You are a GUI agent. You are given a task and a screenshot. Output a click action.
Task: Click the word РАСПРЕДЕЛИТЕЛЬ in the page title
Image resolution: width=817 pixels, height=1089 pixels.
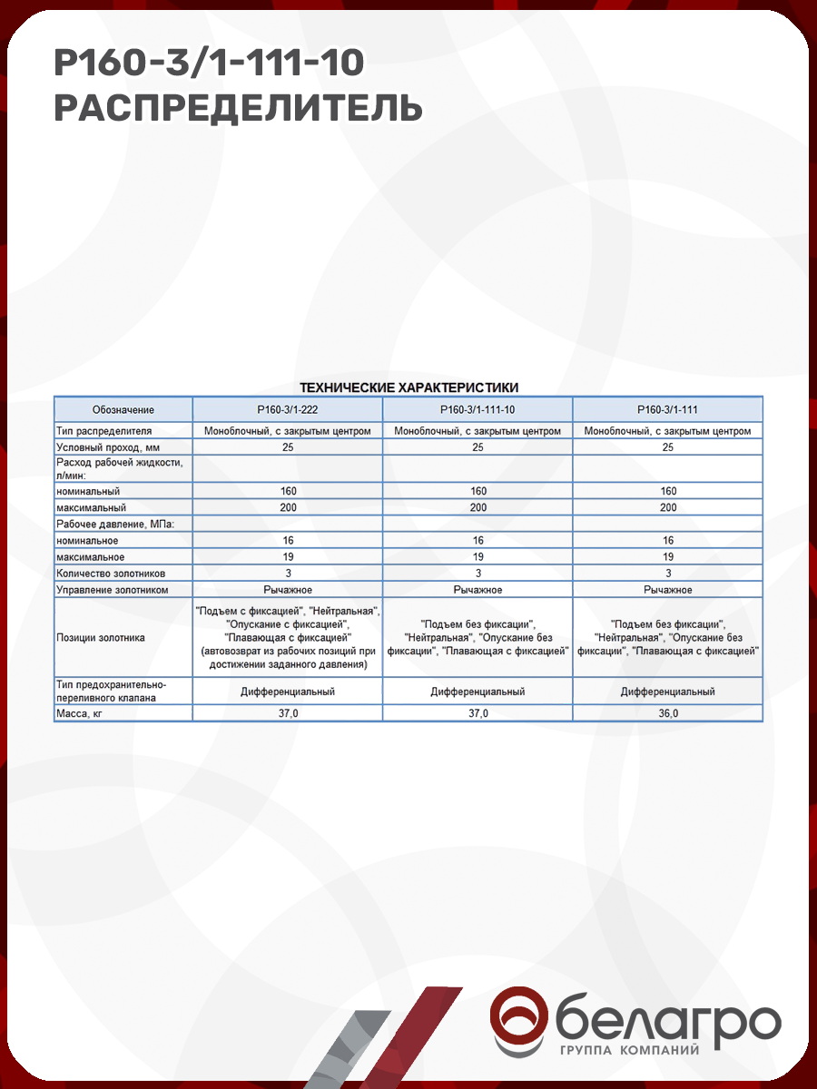click(x=239, y=107)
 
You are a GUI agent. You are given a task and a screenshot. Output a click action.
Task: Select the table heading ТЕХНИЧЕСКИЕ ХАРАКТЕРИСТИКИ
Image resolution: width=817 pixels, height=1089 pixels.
click(x=408, y=388)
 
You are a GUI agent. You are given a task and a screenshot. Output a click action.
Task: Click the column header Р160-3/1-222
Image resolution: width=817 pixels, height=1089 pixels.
click(x=288, y=409)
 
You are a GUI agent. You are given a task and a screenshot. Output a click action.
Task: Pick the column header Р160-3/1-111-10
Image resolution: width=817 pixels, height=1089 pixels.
click(x=477, y=409)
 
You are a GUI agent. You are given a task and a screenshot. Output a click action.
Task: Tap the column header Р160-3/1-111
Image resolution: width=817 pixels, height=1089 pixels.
click(x=667, y=409)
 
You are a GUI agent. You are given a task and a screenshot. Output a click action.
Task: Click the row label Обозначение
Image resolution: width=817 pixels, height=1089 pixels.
click(x=123, y=409)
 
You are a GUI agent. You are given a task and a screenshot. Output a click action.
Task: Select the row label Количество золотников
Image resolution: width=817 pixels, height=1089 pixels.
click(x=111, y=574)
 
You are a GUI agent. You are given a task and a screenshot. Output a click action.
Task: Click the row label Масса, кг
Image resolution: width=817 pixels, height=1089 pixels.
click(x=84, y=714)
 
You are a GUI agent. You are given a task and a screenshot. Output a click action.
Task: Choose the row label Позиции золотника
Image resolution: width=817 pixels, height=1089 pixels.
click(x=101, y=638)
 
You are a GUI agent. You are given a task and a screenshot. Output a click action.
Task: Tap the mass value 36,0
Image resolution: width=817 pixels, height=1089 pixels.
click(x=667, y=714)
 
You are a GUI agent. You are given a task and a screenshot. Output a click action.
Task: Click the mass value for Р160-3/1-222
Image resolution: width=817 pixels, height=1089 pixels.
click(x=288, y=714)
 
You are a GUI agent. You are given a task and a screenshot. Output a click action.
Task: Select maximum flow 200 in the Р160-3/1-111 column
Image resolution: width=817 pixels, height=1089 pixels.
click(x=667, y=508)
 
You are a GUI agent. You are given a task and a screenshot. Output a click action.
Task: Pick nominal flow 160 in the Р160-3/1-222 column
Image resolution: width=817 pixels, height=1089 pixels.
click(x=288, y=492)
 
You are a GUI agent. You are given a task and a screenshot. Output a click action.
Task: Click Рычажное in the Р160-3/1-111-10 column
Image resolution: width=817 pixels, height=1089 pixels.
click(x=477, y=590)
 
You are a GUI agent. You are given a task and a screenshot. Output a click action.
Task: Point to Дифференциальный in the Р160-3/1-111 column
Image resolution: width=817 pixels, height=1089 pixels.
click(x=667, y=692)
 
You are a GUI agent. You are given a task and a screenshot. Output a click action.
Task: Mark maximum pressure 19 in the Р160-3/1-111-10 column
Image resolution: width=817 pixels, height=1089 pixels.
click(x=477, y=557)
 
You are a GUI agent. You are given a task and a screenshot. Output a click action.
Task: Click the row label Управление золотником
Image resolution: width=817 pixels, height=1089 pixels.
click(x=113, y=590)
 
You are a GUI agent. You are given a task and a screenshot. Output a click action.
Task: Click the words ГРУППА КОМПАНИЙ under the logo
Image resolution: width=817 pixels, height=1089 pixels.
click(x=630, y=1051)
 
